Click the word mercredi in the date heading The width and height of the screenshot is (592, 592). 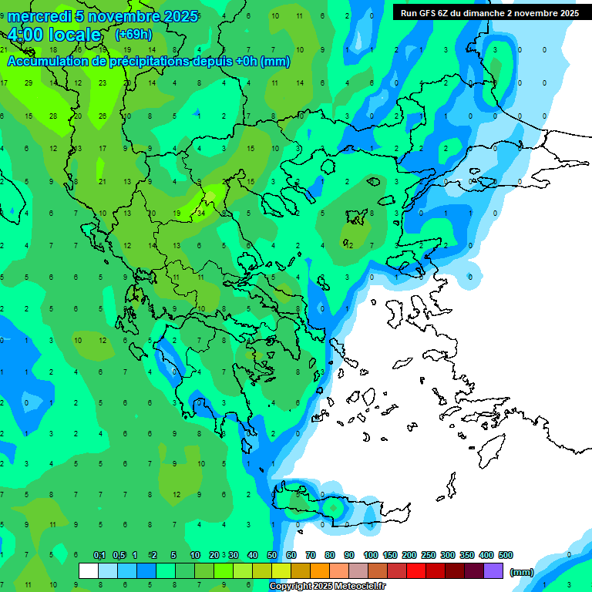click(39, 16)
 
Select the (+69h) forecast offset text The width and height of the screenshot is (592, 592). click(133, 35)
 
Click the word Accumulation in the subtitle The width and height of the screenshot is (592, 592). click(45, 62)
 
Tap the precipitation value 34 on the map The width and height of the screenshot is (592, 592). click(201, 213)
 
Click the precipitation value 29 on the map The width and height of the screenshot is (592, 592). click(29, 82)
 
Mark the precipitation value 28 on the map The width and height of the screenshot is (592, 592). click(53, 116)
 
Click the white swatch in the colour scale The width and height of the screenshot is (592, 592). click(89, 570)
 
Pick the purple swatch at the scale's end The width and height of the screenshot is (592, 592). click(493, 570)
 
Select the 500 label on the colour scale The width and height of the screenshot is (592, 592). click(506, 556)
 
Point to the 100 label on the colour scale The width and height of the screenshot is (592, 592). click(370, 556)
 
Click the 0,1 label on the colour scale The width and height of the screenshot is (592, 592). click(99, 556)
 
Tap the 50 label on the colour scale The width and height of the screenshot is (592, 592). click(272, 556)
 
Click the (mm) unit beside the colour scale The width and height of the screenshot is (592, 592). click(522, 572)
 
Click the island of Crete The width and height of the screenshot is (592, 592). click(339, 509)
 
